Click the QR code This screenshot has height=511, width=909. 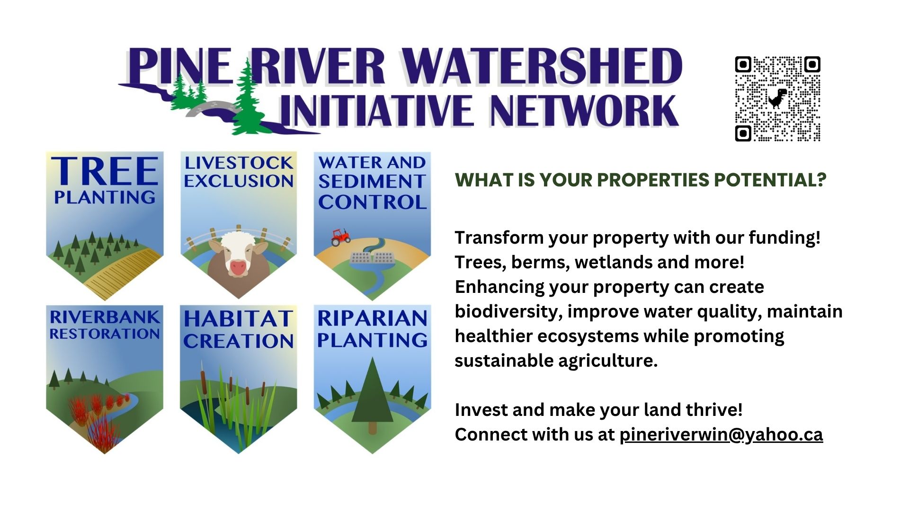point(777,99)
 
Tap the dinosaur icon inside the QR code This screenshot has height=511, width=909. point(777,98)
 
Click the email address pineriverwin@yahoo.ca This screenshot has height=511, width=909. point(721,434)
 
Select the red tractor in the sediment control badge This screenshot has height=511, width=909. point(340,237)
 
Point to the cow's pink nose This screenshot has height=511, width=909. point(238,267)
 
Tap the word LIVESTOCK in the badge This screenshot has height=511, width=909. point(239,163)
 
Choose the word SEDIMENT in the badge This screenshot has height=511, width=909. point(372,181)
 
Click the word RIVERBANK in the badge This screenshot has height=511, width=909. point(105,317)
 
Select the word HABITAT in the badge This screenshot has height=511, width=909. point(238,318)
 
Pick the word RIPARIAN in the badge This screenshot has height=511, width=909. point(372,318)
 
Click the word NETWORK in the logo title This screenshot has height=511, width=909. point(584,110)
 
